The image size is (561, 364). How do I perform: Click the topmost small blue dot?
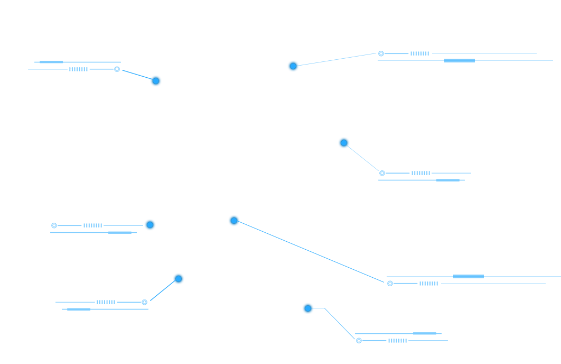pos(293,66)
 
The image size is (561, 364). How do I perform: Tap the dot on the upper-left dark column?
pos(156,81)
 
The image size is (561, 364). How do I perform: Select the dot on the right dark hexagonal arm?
pos(344,143)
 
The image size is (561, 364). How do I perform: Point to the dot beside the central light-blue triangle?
pos(234,221)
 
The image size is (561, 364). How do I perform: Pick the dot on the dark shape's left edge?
pos(150,225)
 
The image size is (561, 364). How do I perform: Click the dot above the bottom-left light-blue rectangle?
pos(179,279)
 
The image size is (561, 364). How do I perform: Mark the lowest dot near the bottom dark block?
pos(308,308)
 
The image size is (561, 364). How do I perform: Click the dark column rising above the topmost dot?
pos(282,37)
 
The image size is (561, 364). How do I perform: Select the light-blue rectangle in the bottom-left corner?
pos(106,323)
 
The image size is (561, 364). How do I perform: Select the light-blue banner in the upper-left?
pos(69,101)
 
